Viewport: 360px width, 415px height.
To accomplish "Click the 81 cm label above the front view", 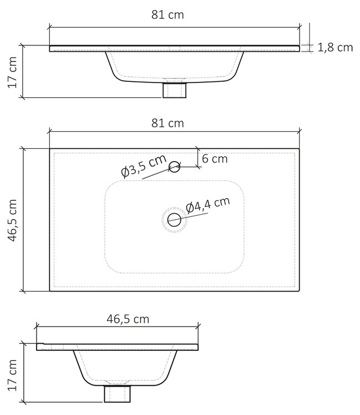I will click(167, 15).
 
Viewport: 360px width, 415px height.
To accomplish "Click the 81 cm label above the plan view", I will click(167, 123).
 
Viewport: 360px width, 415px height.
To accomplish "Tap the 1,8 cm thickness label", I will click(335, 48).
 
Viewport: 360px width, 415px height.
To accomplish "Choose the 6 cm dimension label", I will click(215, 159).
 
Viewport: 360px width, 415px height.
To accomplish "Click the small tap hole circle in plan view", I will click(174, 165).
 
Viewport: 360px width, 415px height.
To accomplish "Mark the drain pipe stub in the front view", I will click(174, 90).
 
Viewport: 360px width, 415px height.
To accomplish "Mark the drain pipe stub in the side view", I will click(117, 393).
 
